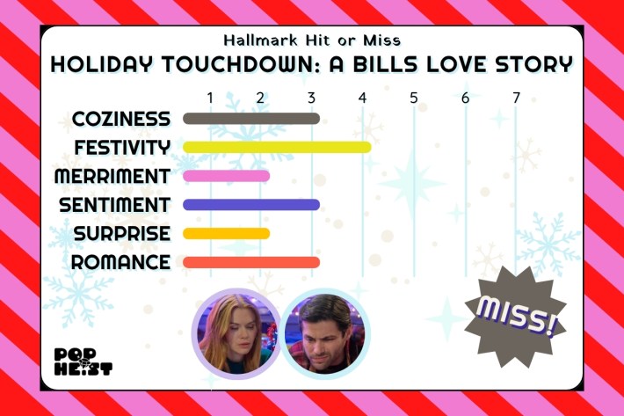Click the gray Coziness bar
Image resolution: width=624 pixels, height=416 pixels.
251,119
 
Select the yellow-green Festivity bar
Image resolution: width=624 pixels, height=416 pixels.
277,147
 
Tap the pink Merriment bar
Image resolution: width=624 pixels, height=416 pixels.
226,176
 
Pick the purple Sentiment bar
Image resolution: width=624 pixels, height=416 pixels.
251,205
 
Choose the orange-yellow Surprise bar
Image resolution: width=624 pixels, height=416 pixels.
226,234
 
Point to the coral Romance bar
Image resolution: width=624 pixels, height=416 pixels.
251,262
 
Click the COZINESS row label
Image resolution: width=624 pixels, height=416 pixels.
121,119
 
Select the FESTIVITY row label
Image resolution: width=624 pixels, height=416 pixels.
122,147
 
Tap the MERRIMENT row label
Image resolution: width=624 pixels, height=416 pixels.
112,176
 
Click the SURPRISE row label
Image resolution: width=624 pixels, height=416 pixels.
122,234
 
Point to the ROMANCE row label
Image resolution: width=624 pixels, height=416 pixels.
120,262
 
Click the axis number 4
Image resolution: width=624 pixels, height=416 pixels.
362,97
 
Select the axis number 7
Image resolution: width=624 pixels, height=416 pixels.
516,97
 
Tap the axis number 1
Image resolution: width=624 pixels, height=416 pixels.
210,97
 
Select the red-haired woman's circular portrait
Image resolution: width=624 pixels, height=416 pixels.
236,333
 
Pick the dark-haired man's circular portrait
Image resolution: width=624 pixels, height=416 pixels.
326,333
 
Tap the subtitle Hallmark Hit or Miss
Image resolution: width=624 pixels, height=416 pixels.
312,40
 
